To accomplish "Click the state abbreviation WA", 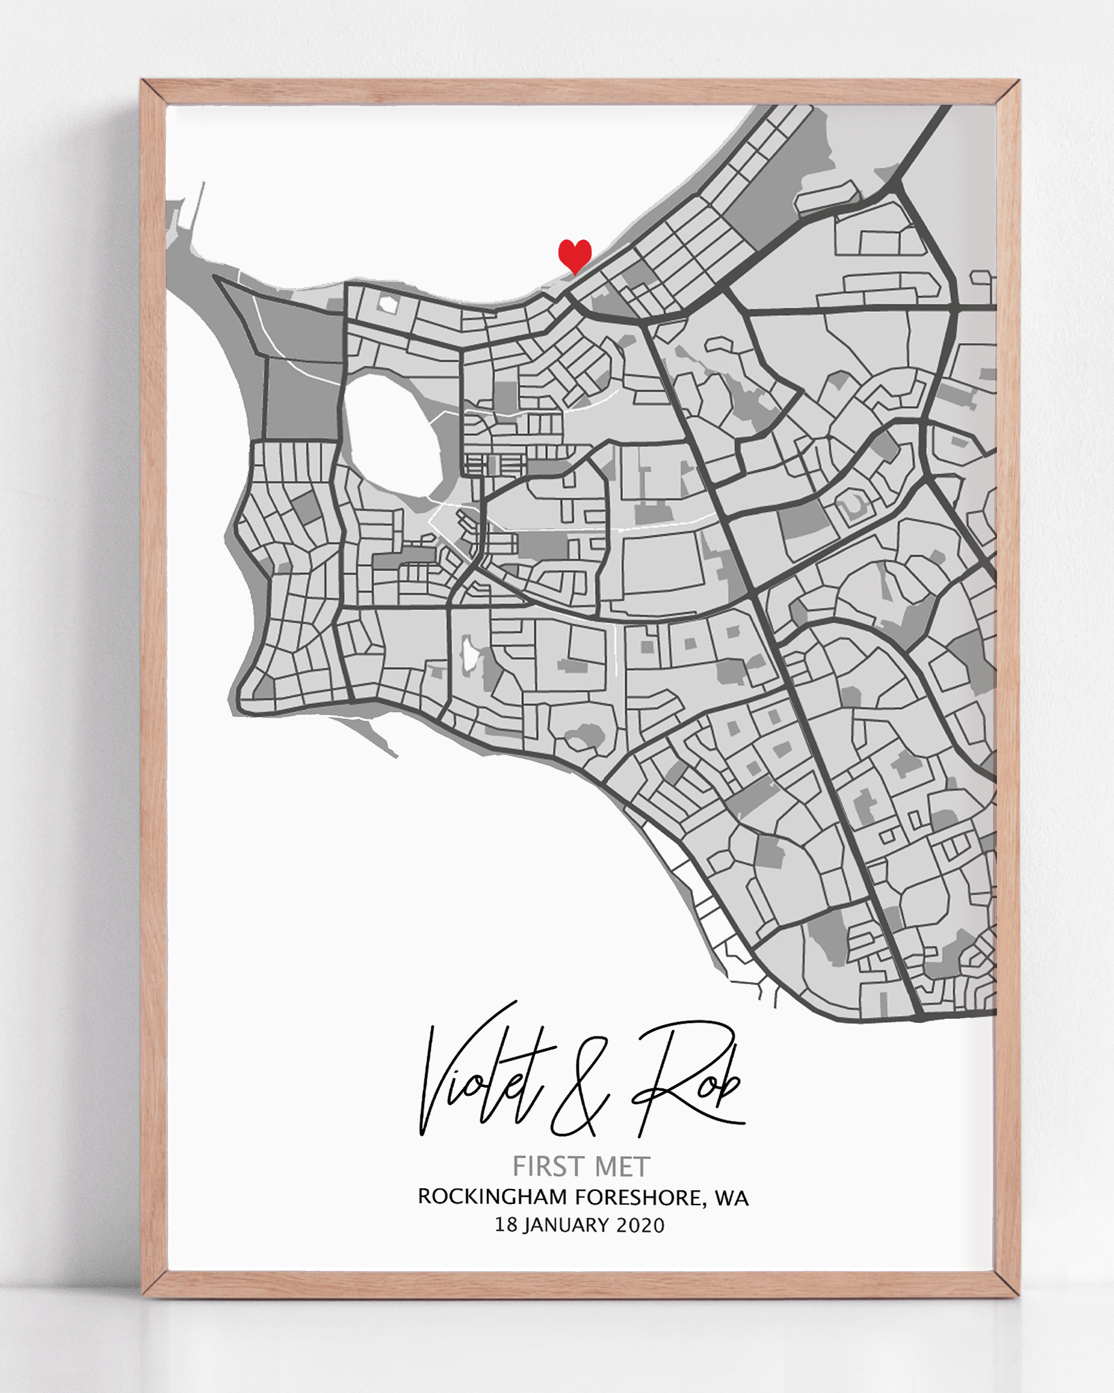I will click(731, 1198).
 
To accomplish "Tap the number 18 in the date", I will click(506, 1225).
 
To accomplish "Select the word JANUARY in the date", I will click(567, 1225).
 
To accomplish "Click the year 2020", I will click(640, 1225).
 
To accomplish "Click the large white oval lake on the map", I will click(391, 435).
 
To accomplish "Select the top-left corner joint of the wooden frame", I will click(154, 93).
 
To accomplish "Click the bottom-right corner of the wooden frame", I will click(1007, 1283).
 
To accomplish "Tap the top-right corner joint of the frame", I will click(1007, 93).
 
